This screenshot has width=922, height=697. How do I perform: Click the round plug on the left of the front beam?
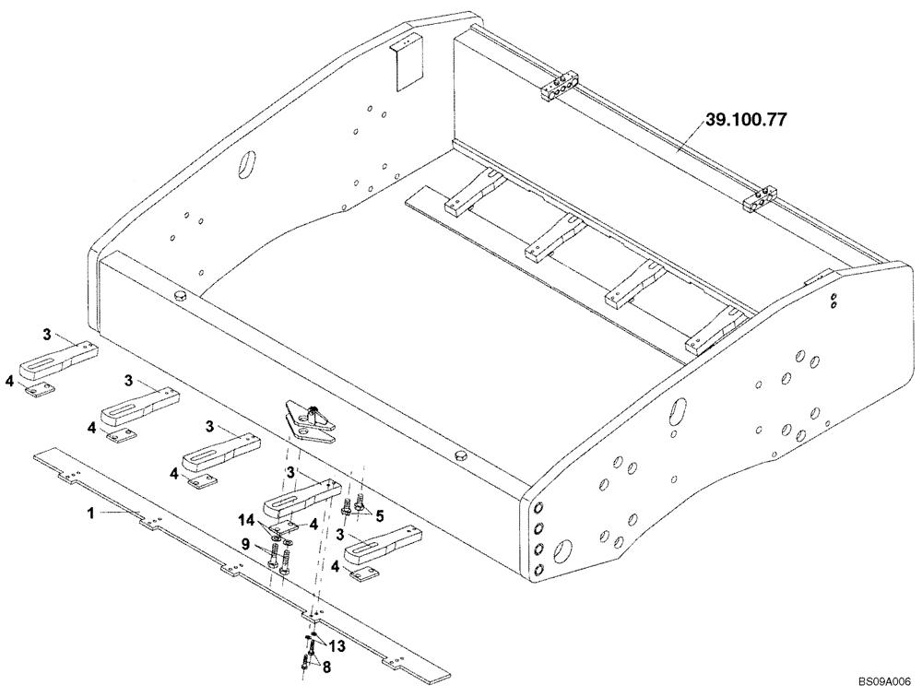pyautogui.click(x=181, y=293)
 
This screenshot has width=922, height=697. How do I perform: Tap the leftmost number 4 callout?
pyautogui.click(x=9, y=380)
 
